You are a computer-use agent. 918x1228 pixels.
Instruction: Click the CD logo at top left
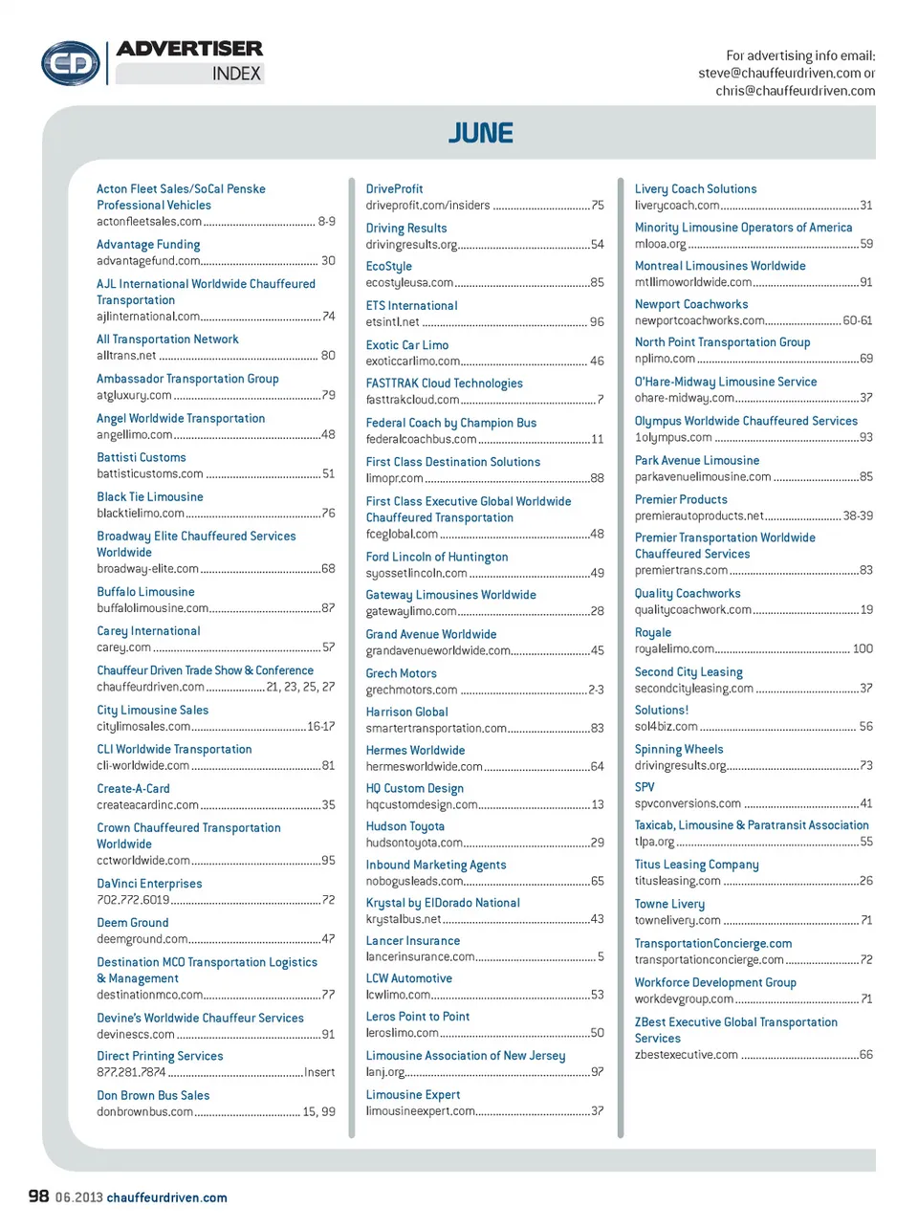pyautogui.click(x=70, y=64)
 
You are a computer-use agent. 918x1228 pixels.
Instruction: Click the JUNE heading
pyautogui.click(x=481, y=133)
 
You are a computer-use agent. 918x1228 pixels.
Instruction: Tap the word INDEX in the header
pyautogui.click(x=236, y=74)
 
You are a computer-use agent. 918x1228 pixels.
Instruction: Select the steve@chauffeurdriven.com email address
pyautogui.click(x=778, y=73)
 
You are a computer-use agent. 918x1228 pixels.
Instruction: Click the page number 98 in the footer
pyautogui.click(x=38, y=1195)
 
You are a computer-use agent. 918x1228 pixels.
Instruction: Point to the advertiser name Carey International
pyautogui.click(x=148, y=631)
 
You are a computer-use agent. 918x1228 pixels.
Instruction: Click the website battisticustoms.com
pyautogui.click(x=150, y=473)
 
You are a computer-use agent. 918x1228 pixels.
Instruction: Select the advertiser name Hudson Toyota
pyautogui.click(x=404, y=826)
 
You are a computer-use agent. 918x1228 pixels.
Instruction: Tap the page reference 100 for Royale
pyautogui.click(x=863, y=648)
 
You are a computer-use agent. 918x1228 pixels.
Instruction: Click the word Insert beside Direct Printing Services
pyautogui.click(x=319, y=1072)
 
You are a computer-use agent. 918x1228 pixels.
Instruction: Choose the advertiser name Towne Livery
pyautogui.click(x=669, y=904)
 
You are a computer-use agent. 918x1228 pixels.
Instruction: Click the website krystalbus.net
pyautogui.click(x=404, y=919)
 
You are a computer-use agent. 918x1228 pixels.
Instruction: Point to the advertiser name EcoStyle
pyautogui.click(x=389, y=267)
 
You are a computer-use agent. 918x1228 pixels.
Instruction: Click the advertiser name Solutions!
pyautogui.click(x=662, y=711)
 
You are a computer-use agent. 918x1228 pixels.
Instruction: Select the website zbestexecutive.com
pyautogui.click(x=687, y=1055)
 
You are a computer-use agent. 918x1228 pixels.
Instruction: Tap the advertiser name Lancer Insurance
pyautogui.click(x=413, y=941)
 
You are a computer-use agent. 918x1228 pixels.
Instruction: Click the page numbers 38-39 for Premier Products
pyautogui.click(x=858, y=515)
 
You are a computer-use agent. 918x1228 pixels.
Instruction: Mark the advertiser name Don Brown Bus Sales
pyautogui.click(x=153, y=1096)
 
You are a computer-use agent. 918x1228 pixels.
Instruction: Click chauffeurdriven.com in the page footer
pyautogui.click(x=167, y=1197)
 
